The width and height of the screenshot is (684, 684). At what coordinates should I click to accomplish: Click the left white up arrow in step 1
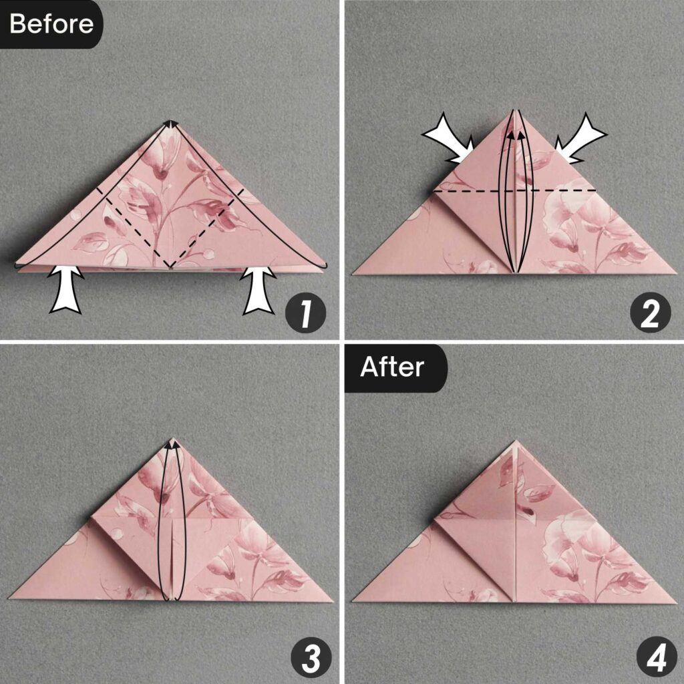[x=66, y=289]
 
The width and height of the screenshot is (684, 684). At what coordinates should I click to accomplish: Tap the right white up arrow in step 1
[x=259, y=289]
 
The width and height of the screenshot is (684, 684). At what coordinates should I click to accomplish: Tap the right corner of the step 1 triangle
[x=325, y=267]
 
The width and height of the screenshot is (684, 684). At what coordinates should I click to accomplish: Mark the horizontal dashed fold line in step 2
[x=514, y=191]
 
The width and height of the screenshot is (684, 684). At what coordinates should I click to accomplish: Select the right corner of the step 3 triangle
[x=332, y=601]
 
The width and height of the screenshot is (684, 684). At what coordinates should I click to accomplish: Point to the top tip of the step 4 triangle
[x=515, y=441]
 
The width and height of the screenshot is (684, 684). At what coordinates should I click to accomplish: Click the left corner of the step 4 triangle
[x=353, y=601]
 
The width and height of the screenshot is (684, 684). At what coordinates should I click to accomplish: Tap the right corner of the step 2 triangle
[x=675, y=274]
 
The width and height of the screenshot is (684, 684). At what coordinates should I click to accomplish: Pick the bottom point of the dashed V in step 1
[x=170, y=267]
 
